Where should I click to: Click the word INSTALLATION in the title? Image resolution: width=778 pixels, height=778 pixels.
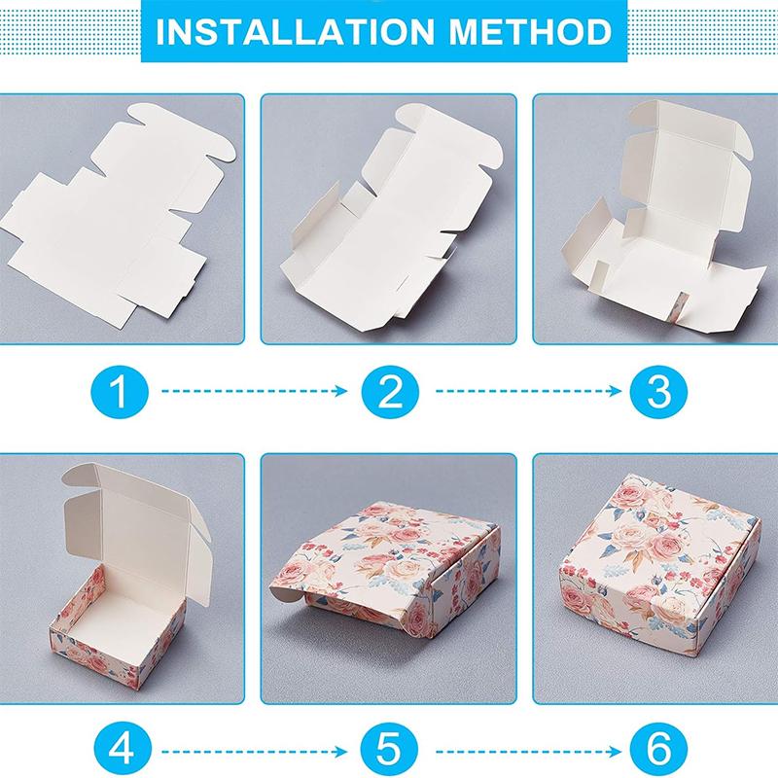click(x=296, y=31)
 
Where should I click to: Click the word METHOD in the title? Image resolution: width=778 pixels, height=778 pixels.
click(x=530, y=31)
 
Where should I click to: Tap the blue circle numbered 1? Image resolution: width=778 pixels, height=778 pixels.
click(x=120, y=392)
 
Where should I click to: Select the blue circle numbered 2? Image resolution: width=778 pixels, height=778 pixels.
click(x=390, y=392)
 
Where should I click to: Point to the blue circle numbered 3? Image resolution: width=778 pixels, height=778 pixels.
click(x=659, y=392)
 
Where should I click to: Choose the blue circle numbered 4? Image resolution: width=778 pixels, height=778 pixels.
click(x=123, y=749)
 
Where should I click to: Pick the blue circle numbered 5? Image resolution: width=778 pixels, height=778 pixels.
click(x=389, y=749)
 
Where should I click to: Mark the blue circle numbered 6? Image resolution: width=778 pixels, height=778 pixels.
click(x=659, y=749)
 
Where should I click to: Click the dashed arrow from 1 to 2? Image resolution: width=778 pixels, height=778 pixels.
click(x=255, y=391)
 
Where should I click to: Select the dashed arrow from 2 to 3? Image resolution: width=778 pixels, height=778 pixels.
click(x=529, y=391)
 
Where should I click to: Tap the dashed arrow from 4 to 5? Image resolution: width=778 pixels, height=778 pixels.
click(x=255, y=752)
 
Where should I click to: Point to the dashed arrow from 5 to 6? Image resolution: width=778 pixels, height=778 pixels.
click(x=529, y=752)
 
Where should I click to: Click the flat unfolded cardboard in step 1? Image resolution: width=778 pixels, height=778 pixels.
click(x=114, y=218)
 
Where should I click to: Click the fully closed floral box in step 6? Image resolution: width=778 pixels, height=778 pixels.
click(x=660, y=566)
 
